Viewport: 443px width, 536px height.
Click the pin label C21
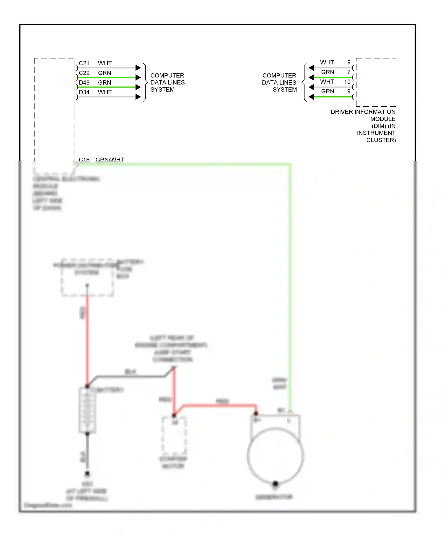(x=84, y=63)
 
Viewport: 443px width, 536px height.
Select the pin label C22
(x=84, y=73)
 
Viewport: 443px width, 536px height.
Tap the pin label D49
(x=84, y=83)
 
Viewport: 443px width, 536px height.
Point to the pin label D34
(x=84, y=92)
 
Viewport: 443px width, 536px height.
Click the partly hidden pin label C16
(x=84, y=160)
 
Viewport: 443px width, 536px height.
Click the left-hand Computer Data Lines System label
(x=167, y=82)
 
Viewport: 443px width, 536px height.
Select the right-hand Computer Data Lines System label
(x=279, y=82)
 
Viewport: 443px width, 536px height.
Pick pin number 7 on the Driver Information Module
(x=349, y=72)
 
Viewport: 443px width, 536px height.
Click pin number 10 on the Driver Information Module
(x=347, y=82)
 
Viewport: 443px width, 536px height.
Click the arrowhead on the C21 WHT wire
(x=138, y=68)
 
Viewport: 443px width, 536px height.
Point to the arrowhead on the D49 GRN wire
(x=138, y=87)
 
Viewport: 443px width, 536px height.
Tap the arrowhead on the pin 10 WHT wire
(x=311, y=87)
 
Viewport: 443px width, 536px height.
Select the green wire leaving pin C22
(x=106, y=77)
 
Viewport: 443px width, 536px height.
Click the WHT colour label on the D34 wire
(x=105, y=92)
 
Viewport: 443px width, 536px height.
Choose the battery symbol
(x=87, y=410)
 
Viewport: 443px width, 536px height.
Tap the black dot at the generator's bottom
(x=275, y=484)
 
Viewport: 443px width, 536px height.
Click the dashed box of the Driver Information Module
(x=376, y=82)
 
